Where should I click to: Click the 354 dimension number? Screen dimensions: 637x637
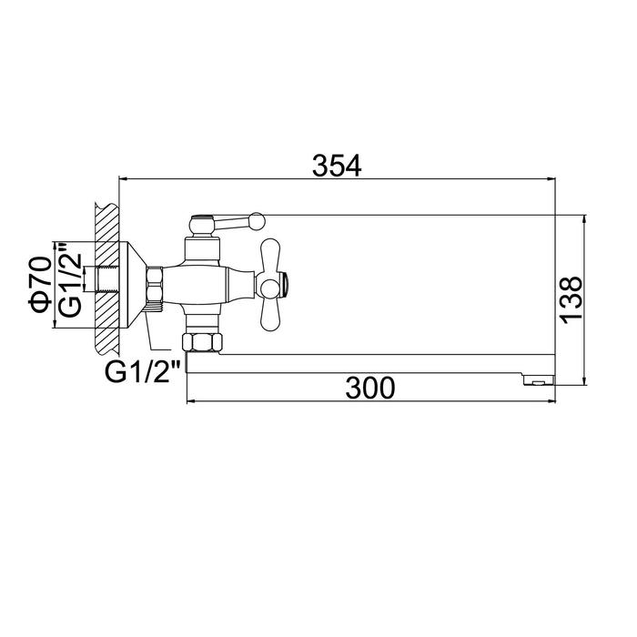click(337, 166)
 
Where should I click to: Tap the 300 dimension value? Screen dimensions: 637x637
click(370, 388)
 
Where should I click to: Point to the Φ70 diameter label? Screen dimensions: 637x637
click(40, 285)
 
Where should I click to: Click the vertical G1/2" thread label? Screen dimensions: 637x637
click(70, 280)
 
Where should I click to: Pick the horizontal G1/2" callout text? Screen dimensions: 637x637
click(143, 371)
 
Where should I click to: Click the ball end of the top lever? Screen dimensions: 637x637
click(258, 221)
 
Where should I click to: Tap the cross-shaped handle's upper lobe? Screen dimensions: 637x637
click(270, 255)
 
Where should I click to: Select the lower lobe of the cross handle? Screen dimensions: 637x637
click(270, 312)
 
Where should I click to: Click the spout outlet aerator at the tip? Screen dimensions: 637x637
click(539, 380)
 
